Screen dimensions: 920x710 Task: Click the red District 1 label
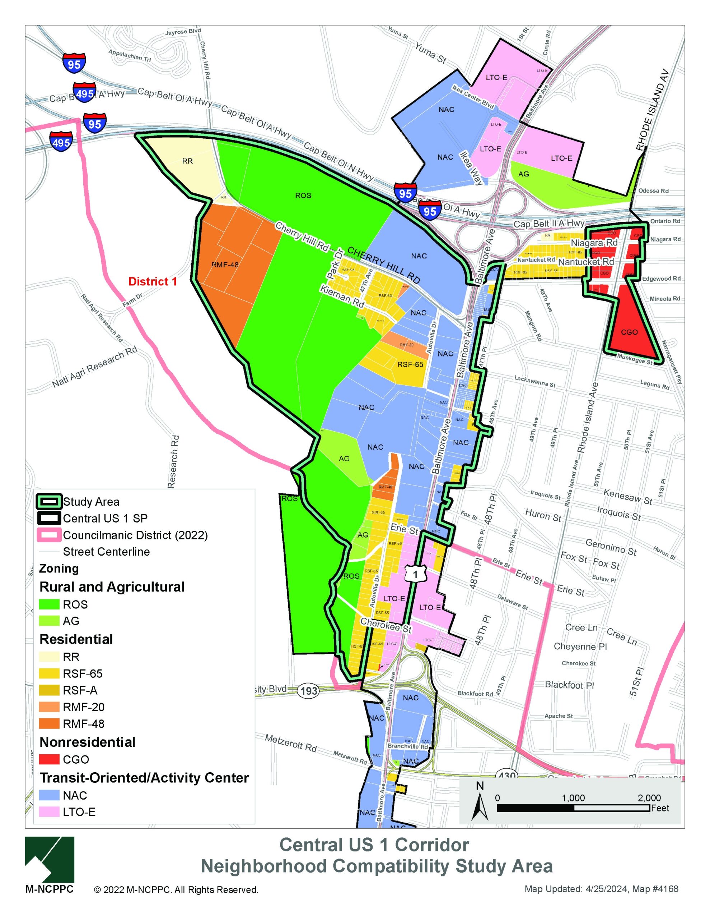[x=152, y=281]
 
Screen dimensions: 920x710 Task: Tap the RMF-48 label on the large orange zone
[x=225, y=265]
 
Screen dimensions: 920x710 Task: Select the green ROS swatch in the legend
[x=49, y=604]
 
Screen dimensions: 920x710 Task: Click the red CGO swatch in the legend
[x=49, y=759]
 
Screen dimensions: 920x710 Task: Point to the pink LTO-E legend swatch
[x=49, y=812]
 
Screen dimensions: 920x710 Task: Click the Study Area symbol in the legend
[x=49, y=502]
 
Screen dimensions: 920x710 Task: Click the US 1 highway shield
[x=416, y=574]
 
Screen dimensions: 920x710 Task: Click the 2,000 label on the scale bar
[x=649, y=798]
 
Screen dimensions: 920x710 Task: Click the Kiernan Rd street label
[x=342, y=296]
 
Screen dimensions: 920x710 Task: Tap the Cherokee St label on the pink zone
[x=386, y=626]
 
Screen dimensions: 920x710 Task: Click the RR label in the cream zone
[x=187, y=161]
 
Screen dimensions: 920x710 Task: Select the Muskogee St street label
[x=635, y=360]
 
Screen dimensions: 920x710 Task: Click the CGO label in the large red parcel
[x=629, y=332]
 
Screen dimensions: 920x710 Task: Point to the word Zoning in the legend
[x=59, y=568]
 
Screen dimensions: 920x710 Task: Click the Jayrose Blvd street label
[x=183, y=32]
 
